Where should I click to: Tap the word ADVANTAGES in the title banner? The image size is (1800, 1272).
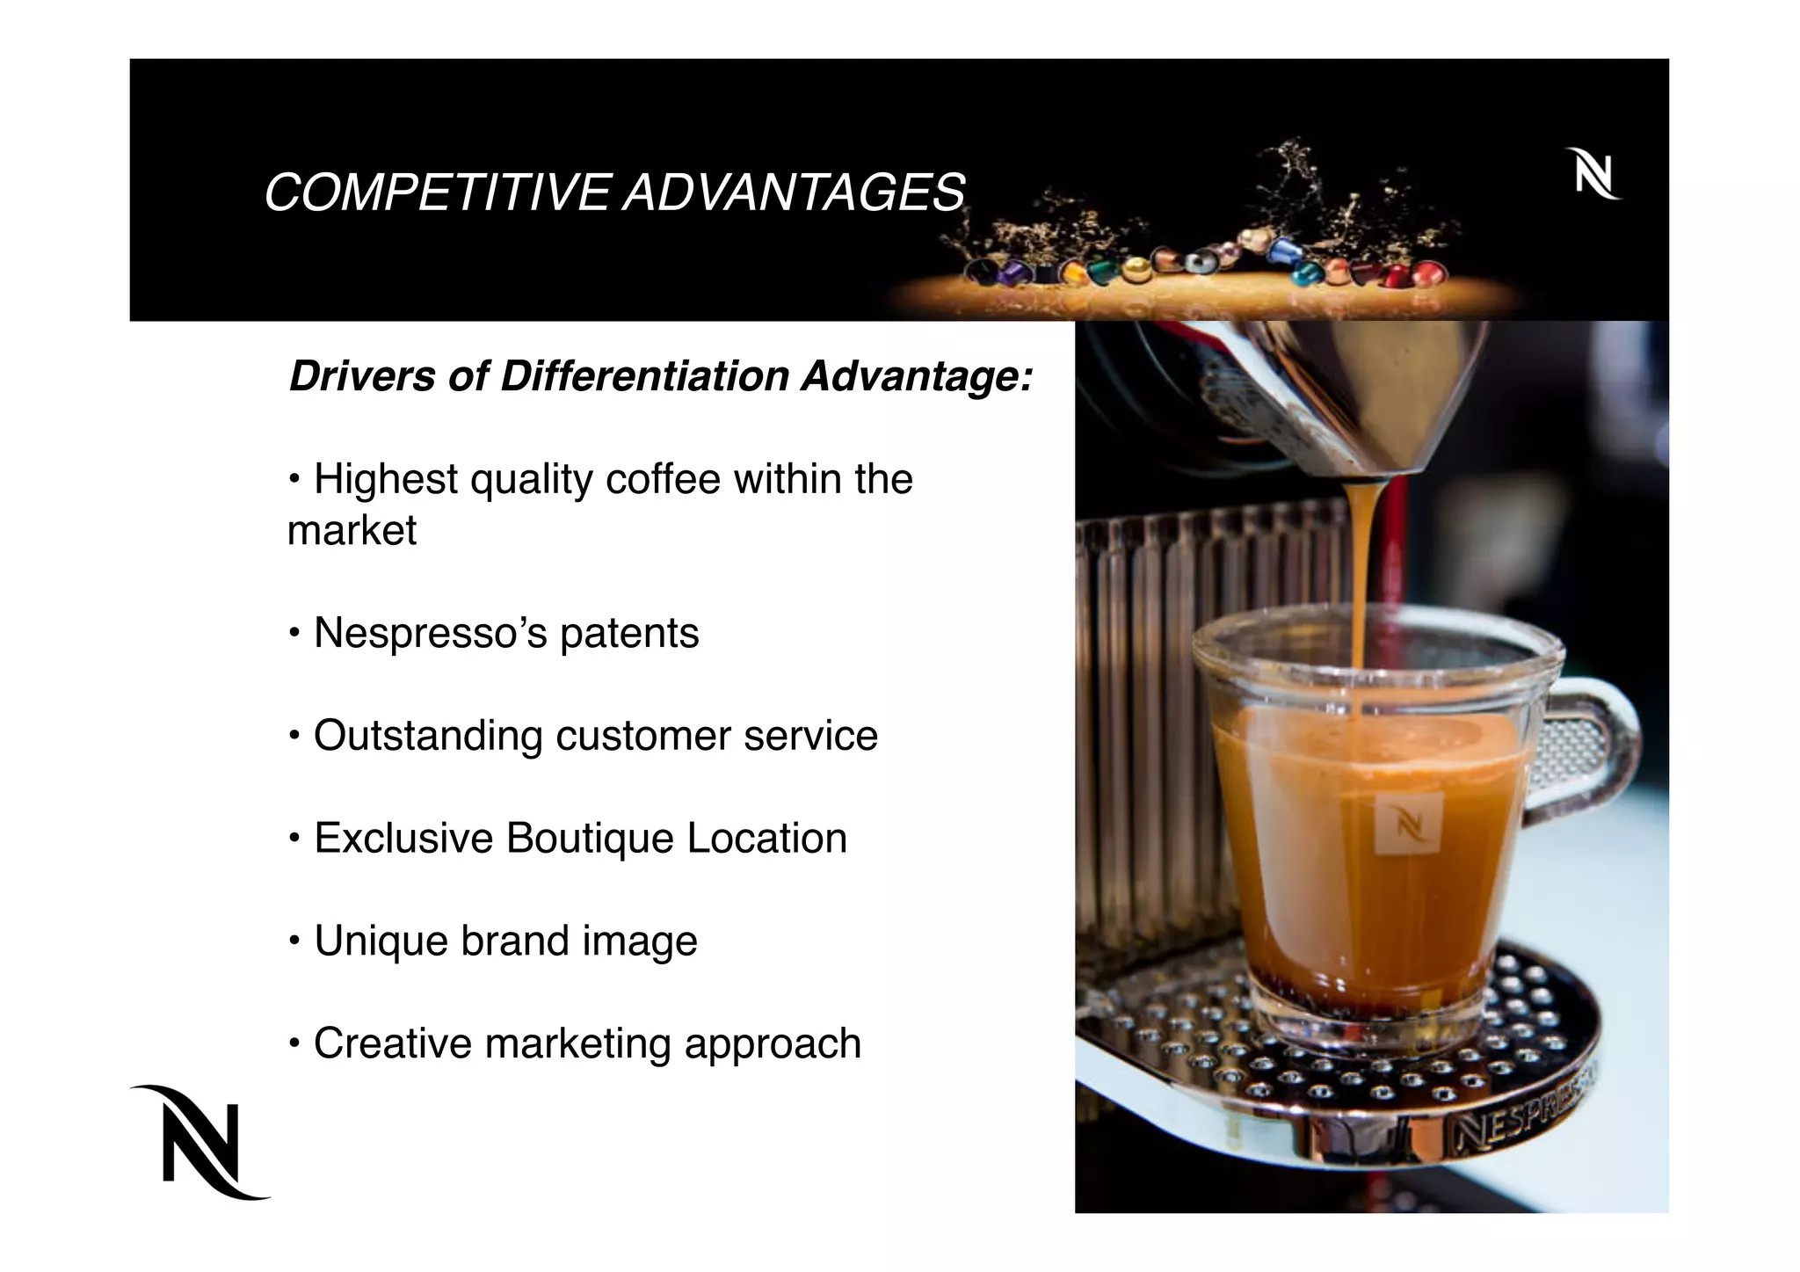coord(794,193)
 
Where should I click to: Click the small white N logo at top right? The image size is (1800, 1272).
coord(1593,174)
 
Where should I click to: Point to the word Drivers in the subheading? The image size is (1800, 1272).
coord(362,376)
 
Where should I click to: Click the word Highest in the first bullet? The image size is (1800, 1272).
coord(386,480)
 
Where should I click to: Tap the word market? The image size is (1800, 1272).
coord(352,531)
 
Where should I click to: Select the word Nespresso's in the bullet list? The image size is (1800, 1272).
coord(430,634)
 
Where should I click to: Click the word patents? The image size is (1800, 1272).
coord(629,634)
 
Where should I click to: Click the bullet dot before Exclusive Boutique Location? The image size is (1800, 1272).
coord(295,838)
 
